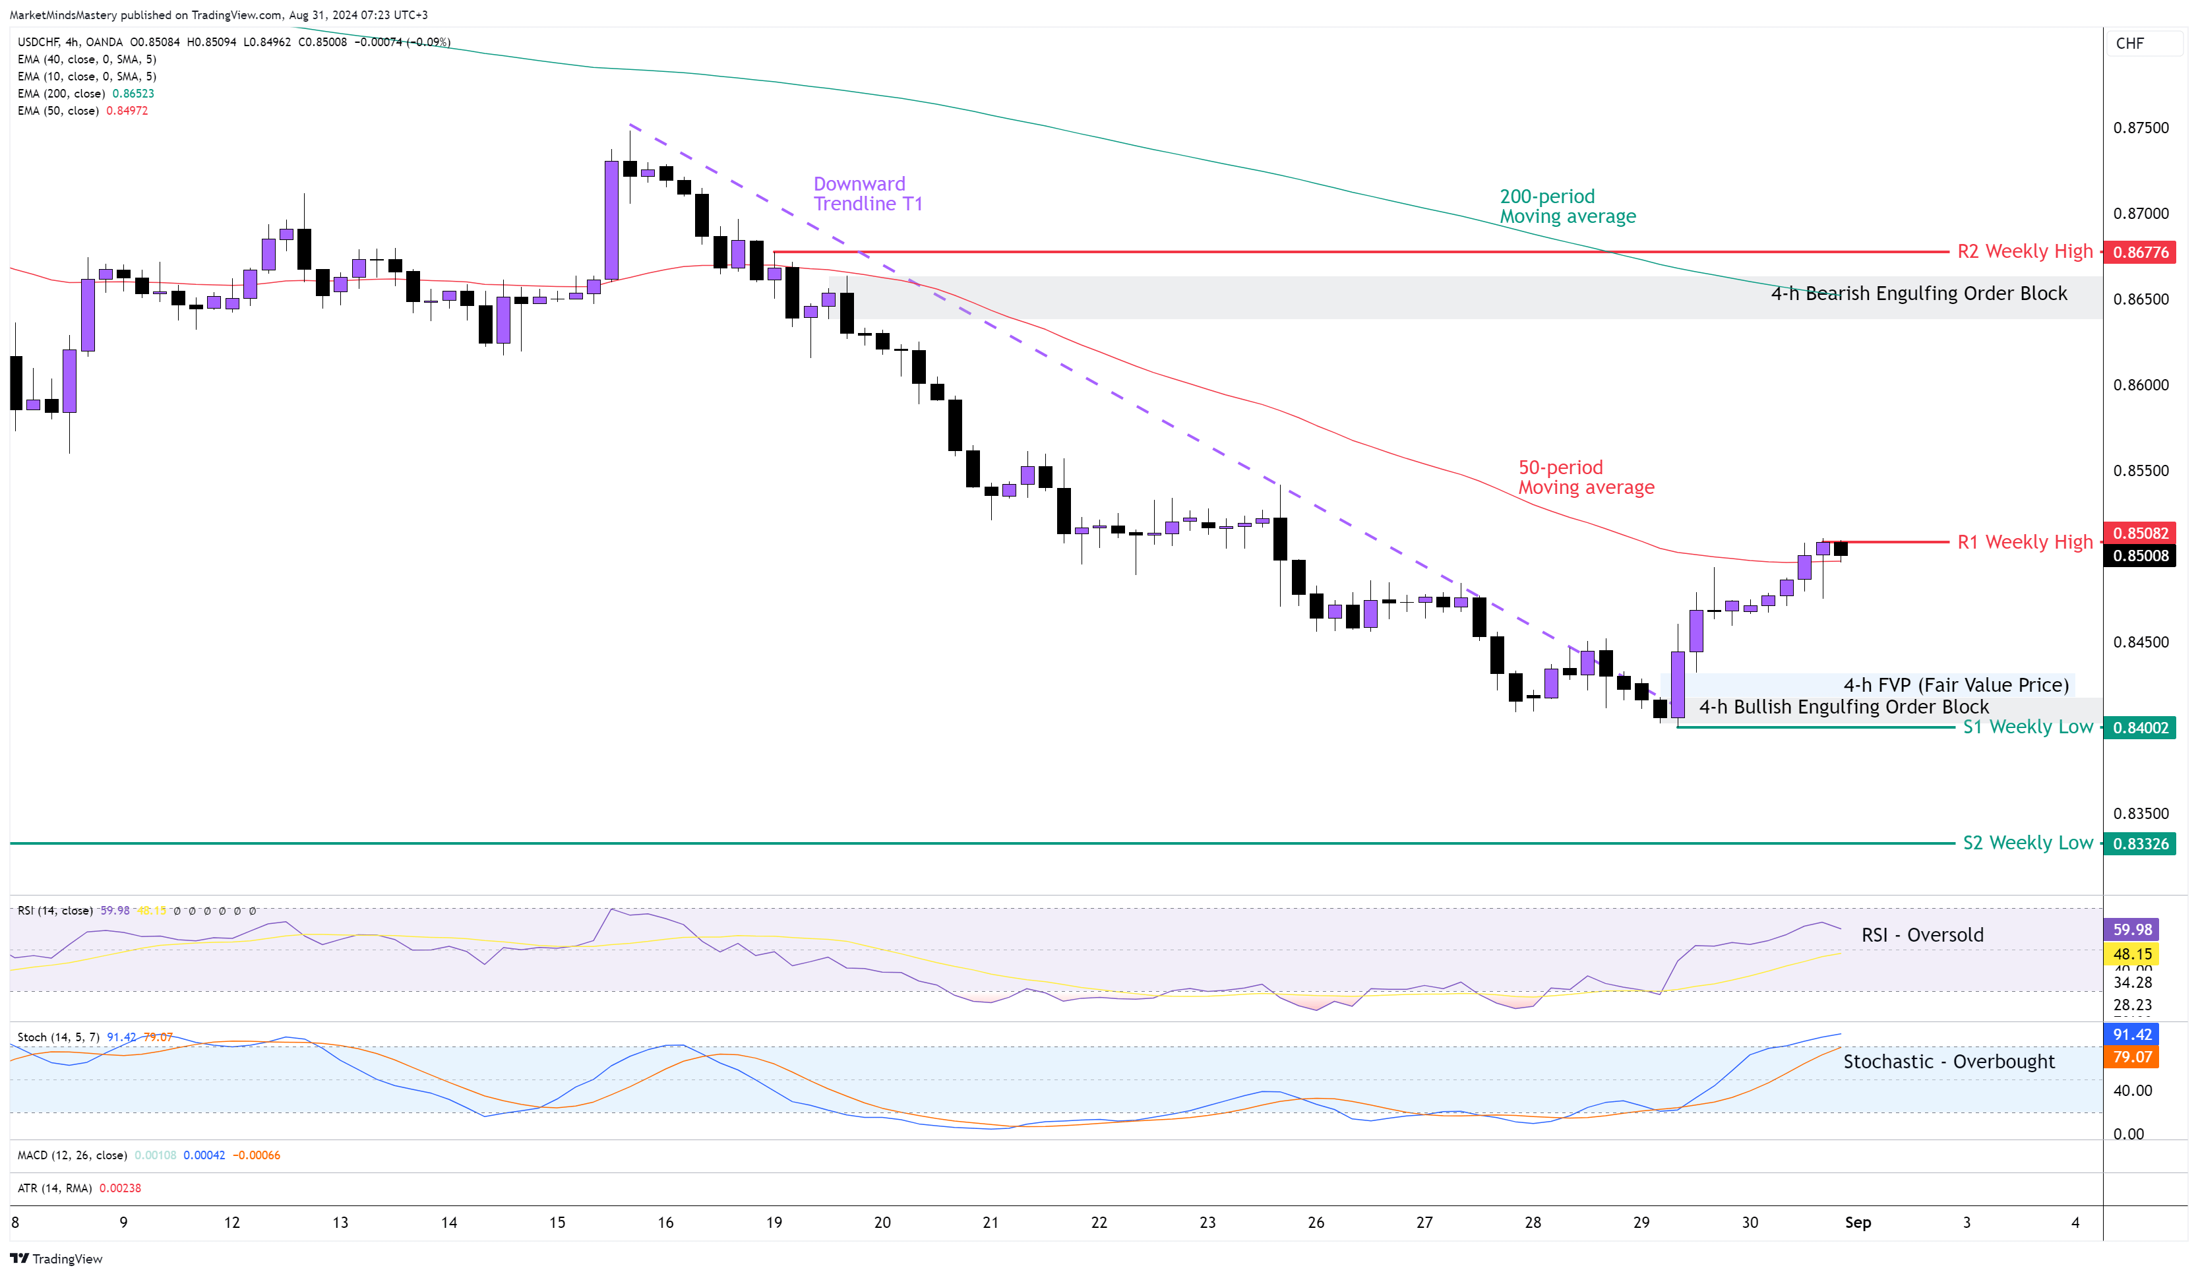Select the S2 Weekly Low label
click(x=2027, y=843)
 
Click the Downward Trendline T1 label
click(x=867, y=194)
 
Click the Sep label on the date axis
click(x=1857, y=1223)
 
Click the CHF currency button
click(x=2129, y=44)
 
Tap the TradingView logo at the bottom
click(x=57, y=1259)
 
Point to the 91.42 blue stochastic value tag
click(x=2131, y=1035)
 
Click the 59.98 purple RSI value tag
click(x=2131, y=930)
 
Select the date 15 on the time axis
click(x=557, y=1223)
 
